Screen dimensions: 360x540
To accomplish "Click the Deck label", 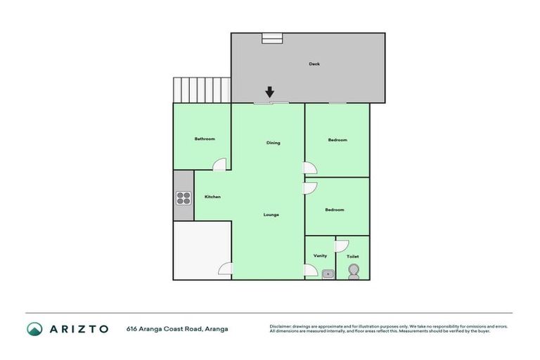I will [314, 64].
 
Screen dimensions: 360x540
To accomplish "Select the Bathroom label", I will [205, 139].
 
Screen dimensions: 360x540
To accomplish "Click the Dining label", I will [273, 143].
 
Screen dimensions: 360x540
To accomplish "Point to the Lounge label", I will [271, 214].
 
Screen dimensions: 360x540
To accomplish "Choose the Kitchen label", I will [212, 197].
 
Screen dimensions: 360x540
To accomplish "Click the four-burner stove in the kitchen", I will [184, 198].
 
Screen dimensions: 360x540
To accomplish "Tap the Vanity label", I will [320, 256].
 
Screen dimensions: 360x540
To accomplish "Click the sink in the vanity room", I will [328, 274].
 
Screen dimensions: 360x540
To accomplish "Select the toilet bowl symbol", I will [353, 272].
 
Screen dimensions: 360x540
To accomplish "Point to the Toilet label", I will [353, 257].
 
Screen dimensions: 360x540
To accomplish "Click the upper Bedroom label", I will [337, 140].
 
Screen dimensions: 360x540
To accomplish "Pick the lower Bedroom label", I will [335, 210].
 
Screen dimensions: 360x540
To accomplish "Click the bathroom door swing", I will [221, 165].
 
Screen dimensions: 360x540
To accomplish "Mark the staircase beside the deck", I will [202, 90].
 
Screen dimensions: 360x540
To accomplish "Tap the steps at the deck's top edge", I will [272, 38].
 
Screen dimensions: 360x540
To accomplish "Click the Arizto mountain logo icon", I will [34, 328].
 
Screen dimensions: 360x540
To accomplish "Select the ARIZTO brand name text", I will [78, 328].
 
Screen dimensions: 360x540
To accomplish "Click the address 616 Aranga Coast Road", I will [177, 328].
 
